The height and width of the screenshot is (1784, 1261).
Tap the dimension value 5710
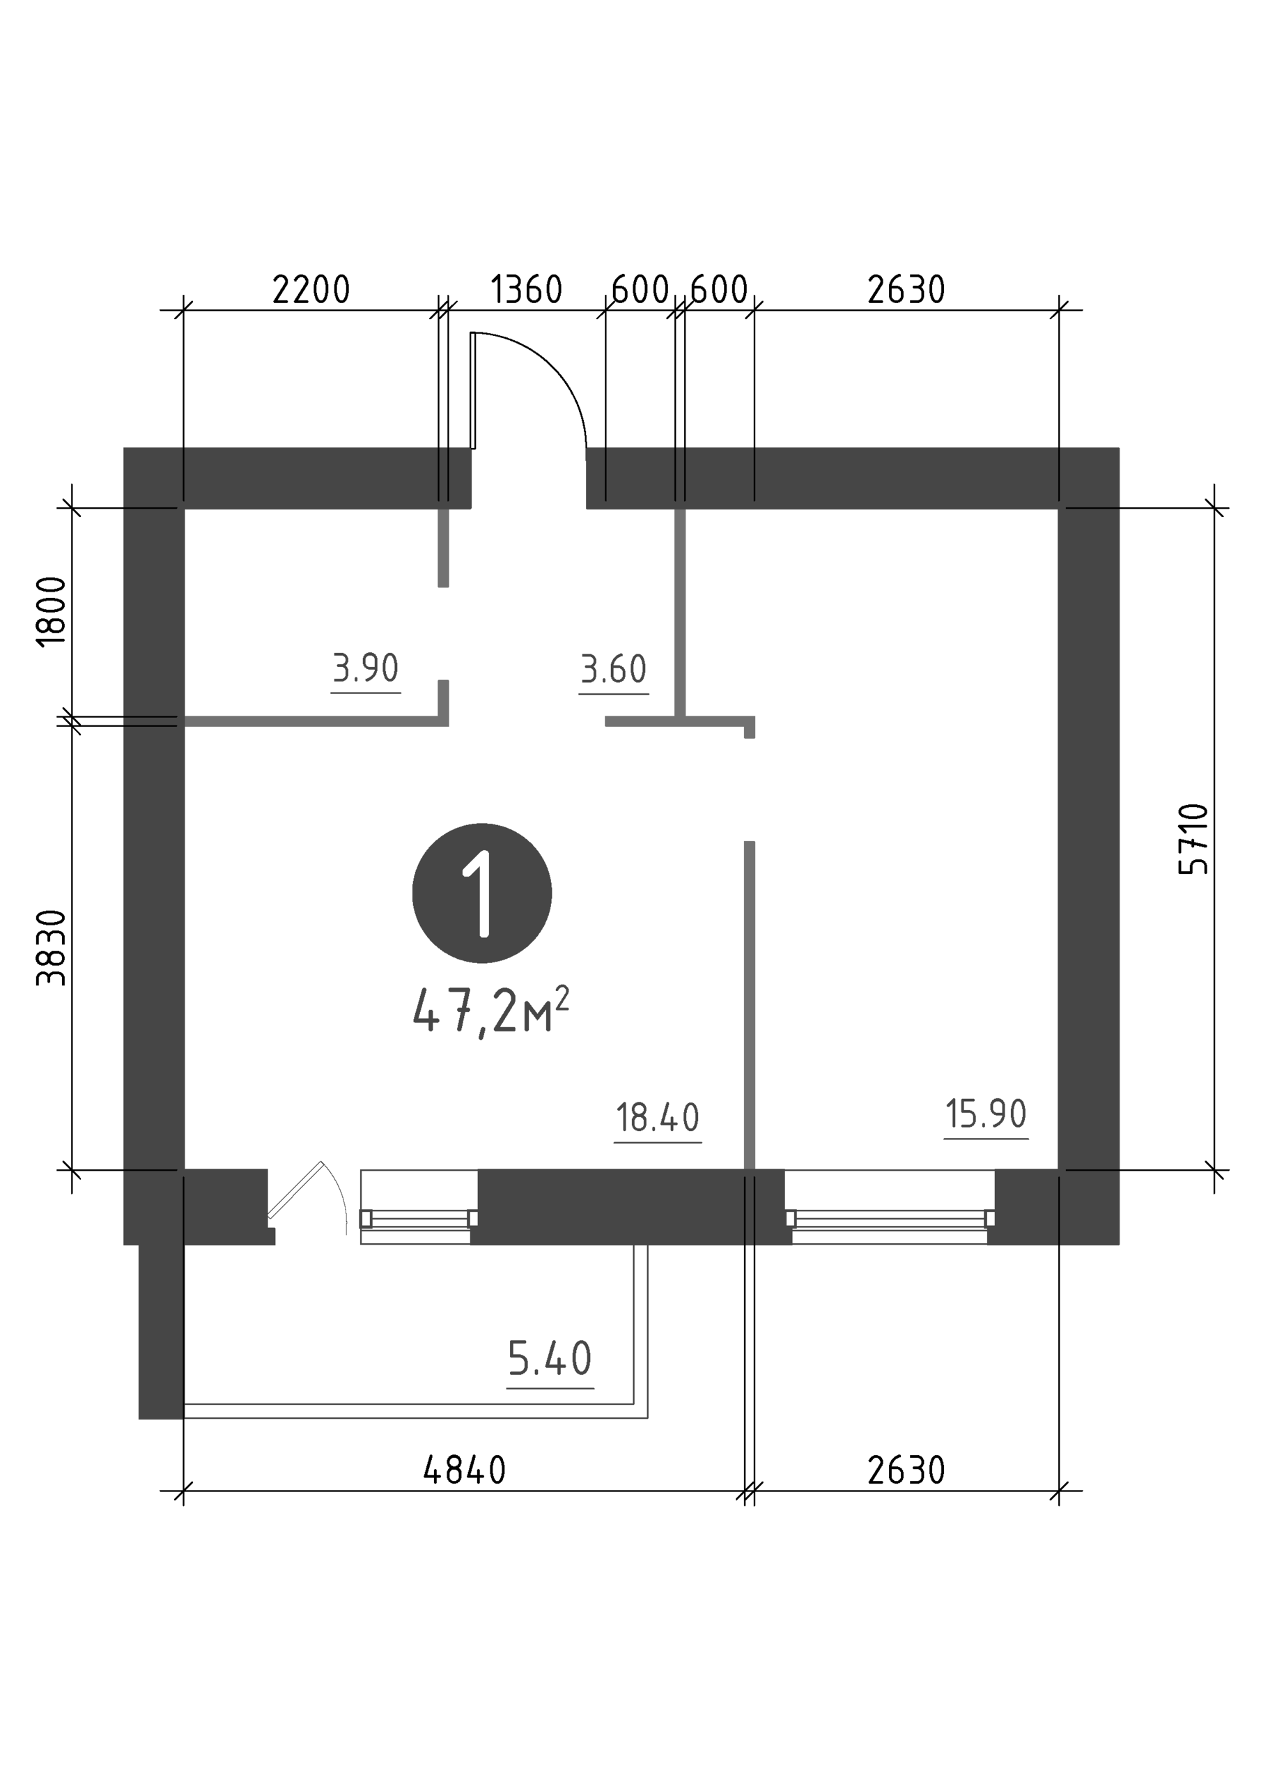(x=1193, y=838)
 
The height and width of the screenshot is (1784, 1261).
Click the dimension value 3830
(x=52, y=948)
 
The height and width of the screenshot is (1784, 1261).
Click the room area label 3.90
(x=365, y=668)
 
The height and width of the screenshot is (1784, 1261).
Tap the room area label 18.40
(x=657, y=1118)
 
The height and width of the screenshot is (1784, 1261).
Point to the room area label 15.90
(x=986, y=1114)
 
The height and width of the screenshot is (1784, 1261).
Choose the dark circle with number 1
(x=481, y=893)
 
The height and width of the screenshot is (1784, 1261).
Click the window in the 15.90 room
(x=890, y=1217)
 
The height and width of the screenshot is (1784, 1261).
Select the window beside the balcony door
(x=419, y=1217)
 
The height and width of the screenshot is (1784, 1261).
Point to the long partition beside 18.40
(x=750, y=1005)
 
